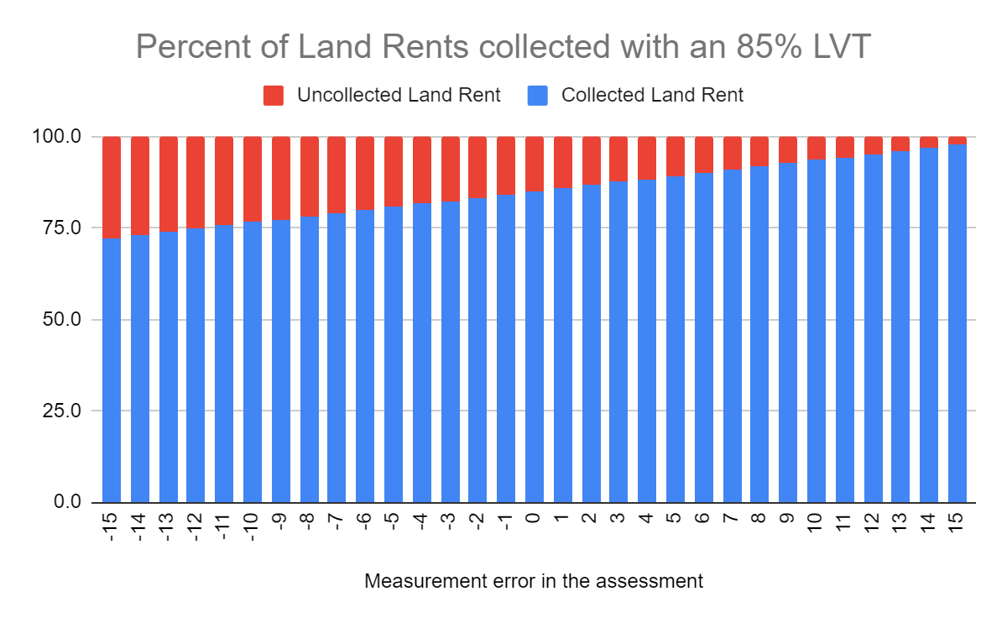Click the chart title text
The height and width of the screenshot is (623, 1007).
(503, 48)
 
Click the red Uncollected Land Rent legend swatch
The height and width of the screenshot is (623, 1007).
(274, 96)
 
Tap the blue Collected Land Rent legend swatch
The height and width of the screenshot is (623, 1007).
(538, 96)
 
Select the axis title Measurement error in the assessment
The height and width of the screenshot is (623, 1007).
(534, 581)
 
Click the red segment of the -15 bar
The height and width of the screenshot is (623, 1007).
(112, 187)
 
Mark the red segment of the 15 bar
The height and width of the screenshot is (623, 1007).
(957, 140)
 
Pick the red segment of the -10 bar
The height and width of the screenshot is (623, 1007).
(253, 179)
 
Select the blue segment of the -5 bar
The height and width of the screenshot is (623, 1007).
(394, 353)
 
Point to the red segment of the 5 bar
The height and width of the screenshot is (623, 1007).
(676, 156)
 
